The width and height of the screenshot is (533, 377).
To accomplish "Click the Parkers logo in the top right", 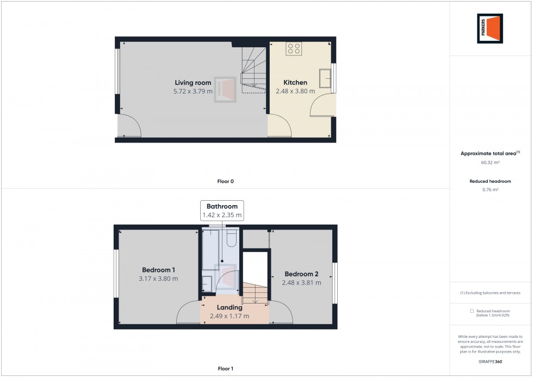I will (x=489, y=28).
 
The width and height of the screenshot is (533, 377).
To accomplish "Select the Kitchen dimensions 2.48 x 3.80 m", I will (x=295, y=91).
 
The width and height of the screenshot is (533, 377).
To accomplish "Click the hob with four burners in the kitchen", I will (x=294, y=48).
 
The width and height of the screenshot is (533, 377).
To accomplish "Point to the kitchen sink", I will (x=326, y=78).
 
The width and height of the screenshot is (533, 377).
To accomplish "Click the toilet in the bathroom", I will (x=231, y=239).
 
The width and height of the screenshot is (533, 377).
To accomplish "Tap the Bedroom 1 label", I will (x=158, y=270).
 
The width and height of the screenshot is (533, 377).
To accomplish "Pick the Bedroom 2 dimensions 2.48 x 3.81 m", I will (x=301, y=283).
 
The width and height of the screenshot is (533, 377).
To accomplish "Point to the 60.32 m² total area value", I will (x=490, y=162).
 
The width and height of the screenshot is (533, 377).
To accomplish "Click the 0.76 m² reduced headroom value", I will (x=490, y=190).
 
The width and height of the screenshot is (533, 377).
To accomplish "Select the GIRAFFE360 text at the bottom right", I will (x=490, y=361).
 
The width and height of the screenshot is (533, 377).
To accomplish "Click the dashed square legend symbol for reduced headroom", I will (x=471, y=311).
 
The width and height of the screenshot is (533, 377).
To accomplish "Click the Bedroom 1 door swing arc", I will (x=185, y=311).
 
